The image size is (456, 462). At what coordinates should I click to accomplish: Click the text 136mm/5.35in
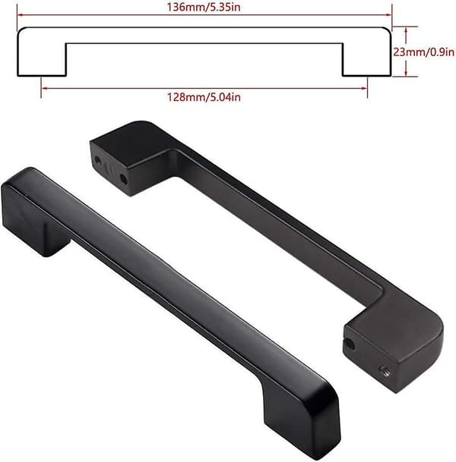point(204,7)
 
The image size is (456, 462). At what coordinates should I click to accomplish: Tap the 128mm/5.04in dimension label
point(204,97)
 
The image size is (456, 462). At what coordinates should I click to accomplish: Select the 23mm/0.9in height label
point(423,52)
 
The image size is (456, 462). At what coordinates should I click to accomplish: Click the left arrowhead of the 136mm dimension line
point(20,14)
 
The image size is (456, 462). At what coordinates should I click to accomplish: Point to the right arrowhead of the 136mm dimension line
point(388,14)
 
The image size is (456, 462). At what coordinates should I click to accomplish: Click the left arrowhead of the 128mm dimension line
point(44,88)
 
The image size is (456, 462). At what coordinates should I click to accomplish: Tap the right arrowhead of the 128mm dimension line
point(364,88)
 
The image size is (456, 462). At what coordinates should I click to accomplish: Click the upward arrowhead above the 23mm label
point(407,30)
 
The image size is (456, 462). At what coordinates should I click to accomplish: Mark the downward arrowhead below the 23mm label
point(407,74)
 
